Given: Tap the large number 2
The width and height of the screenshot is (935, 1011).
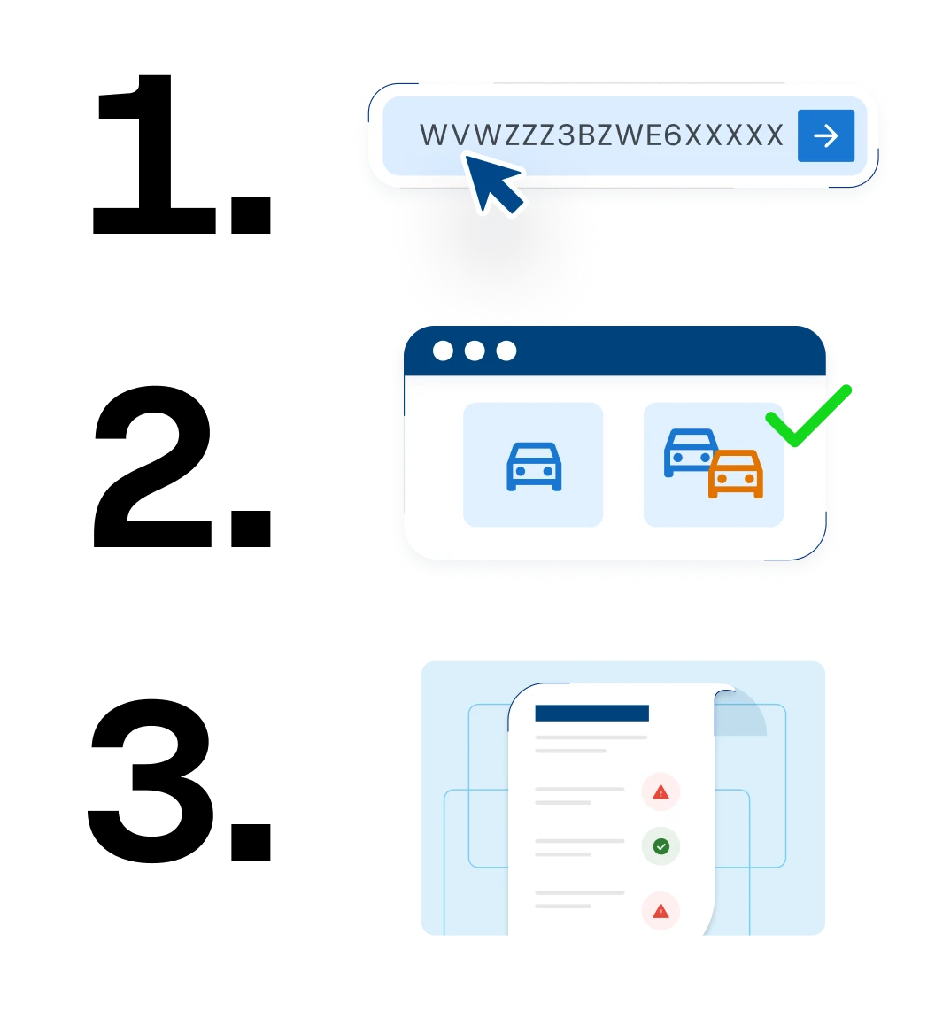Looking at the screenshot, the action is [153, 466].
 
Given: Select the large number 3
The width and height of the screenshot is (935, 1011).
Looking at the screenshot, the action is [152, 780].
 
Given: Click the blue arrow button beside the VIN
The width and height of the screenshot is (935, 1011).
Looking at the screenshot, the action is [826, 135].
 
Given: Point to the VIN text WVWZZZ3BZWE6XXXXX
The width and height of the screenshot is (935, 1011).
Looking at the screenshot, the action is [601, 135].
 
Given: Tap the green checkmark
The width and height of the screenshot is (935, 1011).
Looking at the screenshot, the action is [808, 416].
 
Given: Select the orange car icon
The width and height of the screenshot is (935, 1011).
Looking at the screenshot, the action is [736, 474].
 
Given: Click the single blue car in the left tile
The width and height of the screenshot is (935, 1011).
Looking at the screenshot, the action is [534, 467].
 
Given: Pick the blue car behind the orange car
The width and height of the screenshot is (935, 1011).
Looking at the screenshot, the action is [689, 451].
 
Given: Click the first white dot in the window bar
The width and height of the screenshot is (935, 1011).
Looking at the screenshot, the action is [443, 351].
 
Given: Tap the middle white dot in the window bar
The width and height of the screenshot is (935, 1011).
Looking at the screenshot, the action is [475, 351].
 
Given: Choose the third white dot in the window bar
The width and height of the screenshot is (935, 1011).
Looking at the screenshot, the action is [506, 351].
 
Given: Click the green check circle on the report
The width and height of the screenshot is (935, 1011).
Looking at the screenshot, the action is [661, 846].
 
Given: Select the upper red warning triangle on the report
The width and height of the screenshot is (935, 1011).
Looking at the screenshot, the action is [661, 792].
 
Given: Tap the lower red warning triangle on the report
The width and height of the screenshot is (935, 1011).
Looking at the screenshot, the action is [661, 911].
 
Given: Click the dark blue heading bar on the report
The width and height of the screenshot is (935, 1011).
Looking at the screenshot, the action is [592, 713].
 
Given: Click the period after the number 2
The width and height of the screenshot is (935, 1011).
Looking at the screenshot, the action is [251, 528].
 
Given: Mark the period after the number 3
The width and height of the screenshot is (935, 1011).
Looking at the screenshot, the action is [251, 841].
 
